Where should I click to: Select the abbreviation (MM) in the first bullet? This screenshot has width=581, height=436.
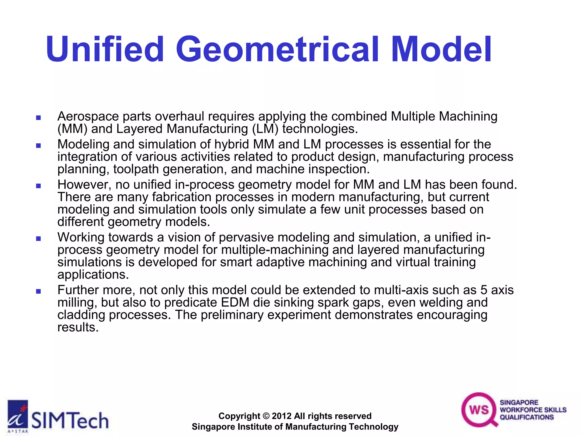(72, 129)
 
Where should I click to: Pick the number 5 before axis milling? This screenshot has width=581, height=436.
(484, 290)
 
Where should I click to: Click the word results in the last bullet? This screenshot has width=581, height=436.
(78, 328)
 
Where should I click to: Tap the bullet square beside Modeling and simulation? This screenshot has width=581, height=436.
(39, 146)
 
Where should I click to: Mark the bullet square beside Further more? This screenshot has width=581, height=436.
(39, 291)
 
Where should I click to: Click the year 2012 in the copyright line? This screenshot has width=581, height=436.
(281, 416)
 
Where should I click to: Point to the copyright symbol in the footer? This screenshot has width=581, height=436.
(266, 416)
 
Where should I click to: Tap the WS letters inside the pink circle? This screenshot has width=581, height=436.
(479, 410)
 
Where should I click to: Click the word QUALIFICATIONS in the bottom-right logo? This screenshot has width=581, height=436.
(527, 417)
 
